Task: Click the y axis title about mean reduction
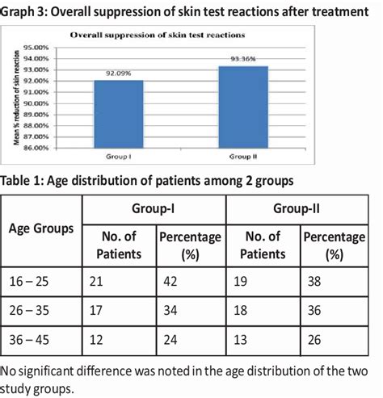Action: tap(16, 98)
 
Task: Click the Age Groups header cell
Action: tap(41, 228)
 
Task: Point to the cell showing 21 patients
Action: tap(96, 283)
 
